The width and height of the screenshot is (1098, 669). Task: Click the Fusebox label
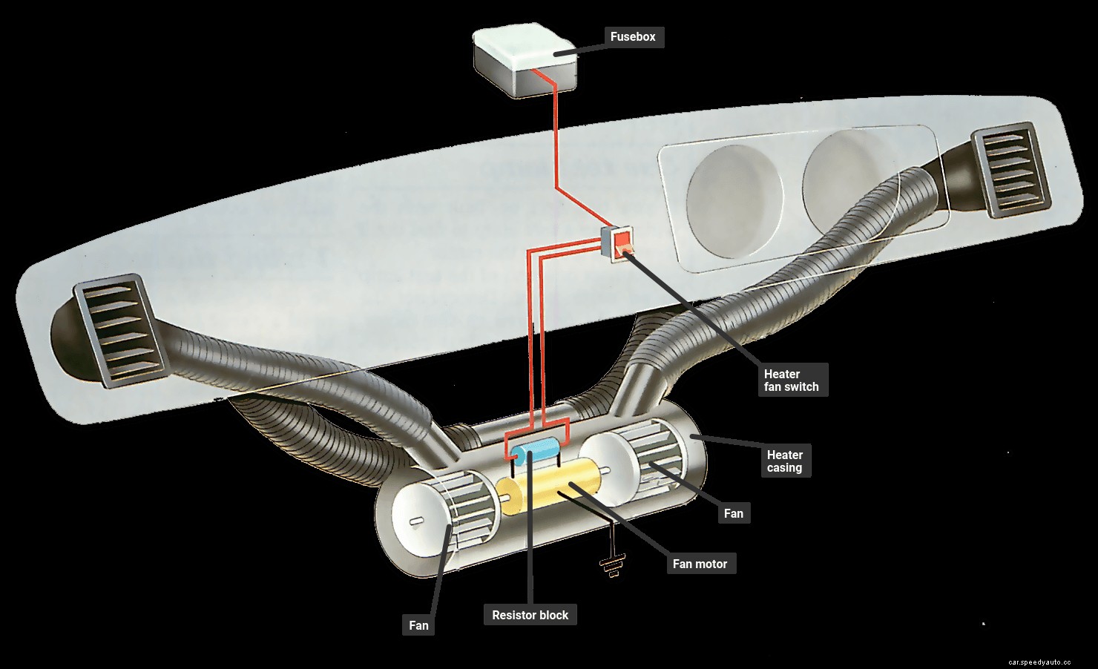pos(632,36)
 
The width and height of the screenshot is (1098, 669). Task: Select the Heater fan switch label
pos(791,380)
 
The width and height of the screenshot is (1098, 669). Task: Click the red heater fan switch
pos(619,241)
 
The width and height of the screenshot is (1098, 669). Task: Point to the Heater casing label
pos(784,461)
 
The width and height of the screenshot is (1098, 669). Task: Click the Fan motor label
pos(700,564)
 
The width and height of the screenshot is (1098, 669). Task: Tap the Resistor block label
pos(530,615)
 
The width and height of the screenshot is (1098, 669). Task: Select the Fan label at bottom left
pos(418,625)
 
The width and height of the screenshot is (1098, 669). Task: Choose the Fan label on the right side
pos(733,513)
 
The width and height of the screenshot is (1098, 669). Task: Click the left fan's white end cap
pos(415,519)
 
